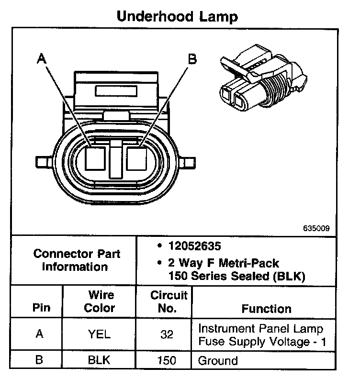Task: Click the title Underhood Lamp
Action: [x=177, y=17]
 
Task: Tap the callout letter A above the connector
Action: [x=42, y=59]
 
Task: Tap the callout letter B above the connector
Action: [x=191, y=59]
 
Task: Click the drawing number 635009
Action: [x=316, y=228]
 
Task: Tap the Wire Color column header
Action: [x=100, y=301]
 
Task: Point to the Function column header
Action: [x=266, y=308]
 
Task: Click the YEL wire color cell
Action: [x=100, y=334]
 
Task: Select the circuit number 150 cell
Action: [x=167, y=359]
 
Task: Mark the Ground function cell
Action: [x=218, y=359]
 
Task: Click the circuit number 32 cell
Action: [x=167, y=334]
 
